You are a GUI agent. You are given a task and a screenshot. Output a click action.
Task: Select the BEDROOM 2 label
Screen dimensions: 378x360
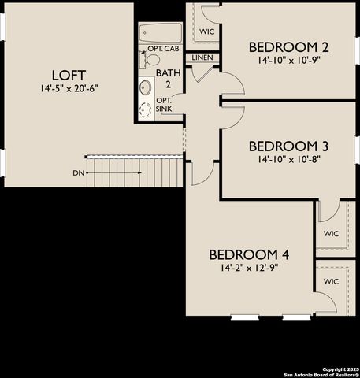(288, 46)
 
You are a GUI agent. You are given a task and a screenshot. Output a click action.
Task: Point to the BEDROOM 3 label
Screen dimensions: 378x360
(288, 146)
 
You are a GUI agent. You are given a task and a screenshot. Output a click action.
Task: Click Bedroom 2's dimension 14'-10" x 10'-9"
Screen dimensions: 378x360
(288, 59)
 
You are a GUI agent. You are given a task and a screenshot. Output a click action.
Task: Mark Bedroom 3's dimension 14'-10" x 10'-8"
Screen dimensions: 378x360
(288, 158)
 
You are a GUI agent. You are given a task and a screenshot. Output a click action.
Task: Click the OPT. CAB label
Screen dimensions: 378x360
(168, 49)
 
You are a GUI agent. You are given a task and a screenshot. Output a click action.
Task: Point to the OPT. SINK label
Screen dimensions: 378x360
(164, 104)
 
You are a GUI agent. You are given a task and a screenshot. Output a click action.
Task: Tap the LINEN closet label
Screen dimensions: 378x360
(202, 57)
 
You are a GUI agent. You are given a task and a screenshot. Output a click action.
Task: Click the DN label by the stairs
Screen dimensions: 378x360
(78, 172)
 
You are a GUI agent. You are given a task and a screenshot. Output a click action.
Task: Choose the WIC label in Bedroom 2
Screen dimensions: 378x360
(207, 31)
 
